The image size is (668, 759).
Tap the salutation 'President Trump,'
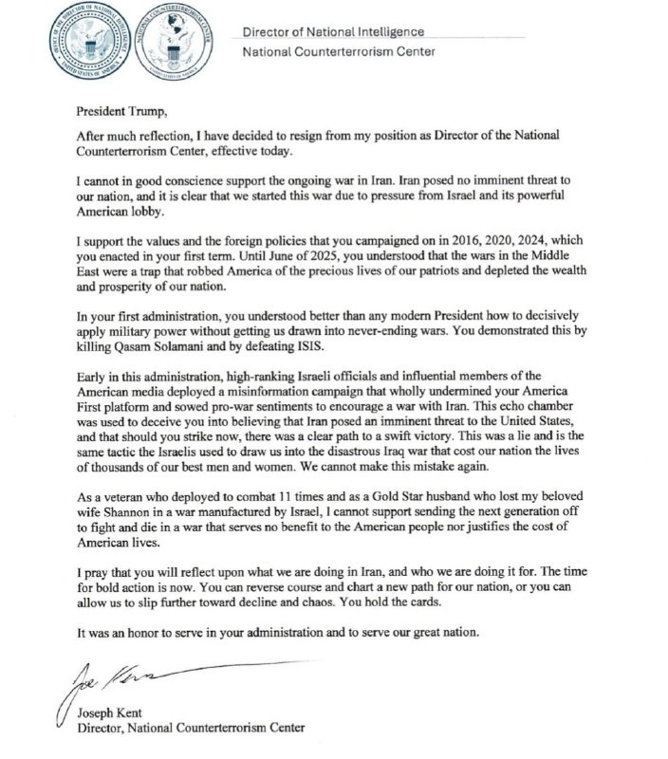(121, 113)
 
